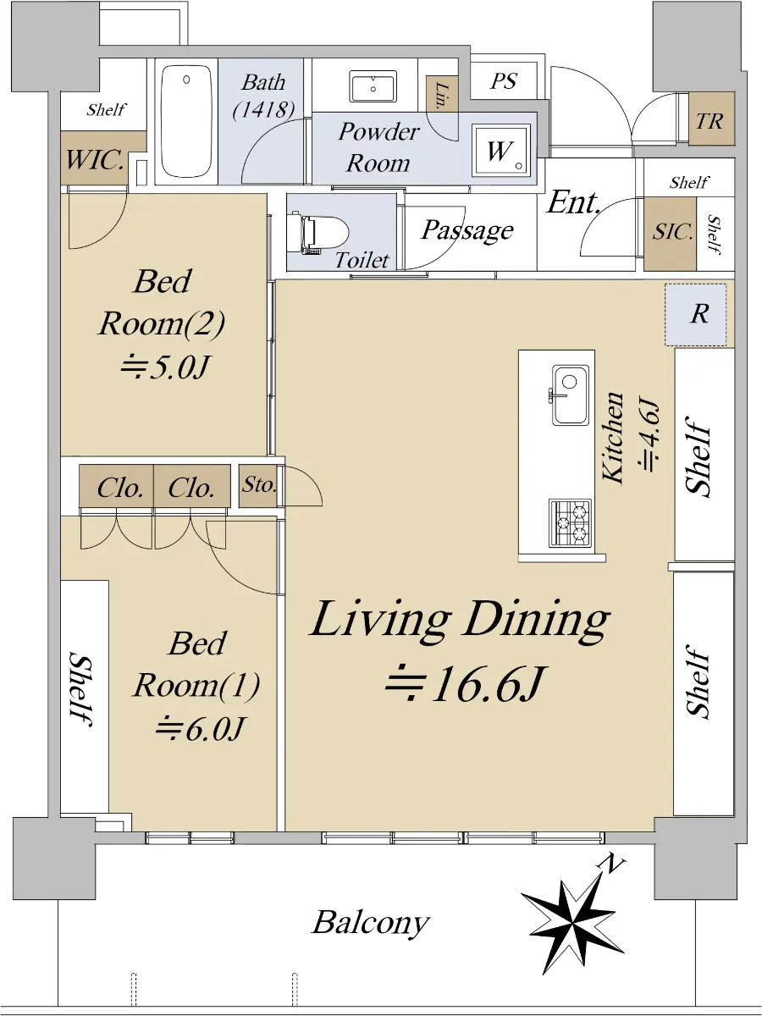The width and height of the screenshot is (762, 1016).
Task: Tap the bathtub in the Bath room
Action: pyautogui.click(x=186, y=121)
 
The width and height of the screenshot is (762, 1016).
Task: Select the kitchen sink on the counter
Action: pyautogui.click(x=570, y=395)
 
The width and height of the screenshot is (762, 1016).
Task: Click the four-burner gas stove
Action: pyautogui.click(x=570, y=522)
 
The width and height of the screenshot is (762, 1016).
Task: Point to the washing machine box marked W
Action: pyautogui.click(x=501, y=150)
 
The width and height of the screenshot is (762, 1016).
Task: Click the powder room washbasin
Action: pyautogui.click(x=373, y=86)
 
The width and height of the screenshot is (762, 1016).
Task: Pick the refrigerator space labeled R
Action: pyautogui.click(x=695, y=314)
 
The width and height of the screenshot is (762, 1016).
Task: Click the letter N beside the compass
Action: pyautogui.click(x=610, y=864)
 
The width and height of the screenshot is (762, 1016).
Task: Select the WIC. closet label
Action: pyautogui.click(x=95, y=160)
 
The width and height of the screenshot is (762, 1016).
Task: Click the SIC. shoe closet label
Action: pyautogui.click(x=673, y=231)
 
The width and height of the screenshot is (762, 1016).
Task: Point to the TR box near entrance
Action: pyautogui.click(x=710, y=121)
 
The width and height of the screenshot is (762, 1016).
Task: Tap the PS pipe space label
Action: pyautogui.click(x=504, y=81)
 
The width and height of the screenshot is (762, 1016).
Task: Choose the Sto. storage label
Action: pyautogui.click(x=258, y=484)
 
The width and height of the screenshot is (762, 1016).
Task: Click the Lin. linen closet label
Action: pyautogui.click(x=441, y=96)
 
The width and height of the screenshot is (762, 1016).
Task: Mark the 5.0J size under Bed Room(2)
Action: pyautogui.click(x=165, y=367)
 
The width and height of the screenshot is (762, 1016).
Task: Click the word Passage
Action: pyautogui.click(x=467, y=230)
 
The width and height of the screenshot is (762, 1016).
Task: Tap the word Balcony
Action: pyautogui.click(x=371, y=923)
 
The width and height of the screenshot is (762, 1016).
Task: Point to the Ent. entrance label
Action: pyautogui.click(x=573, y=202)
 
